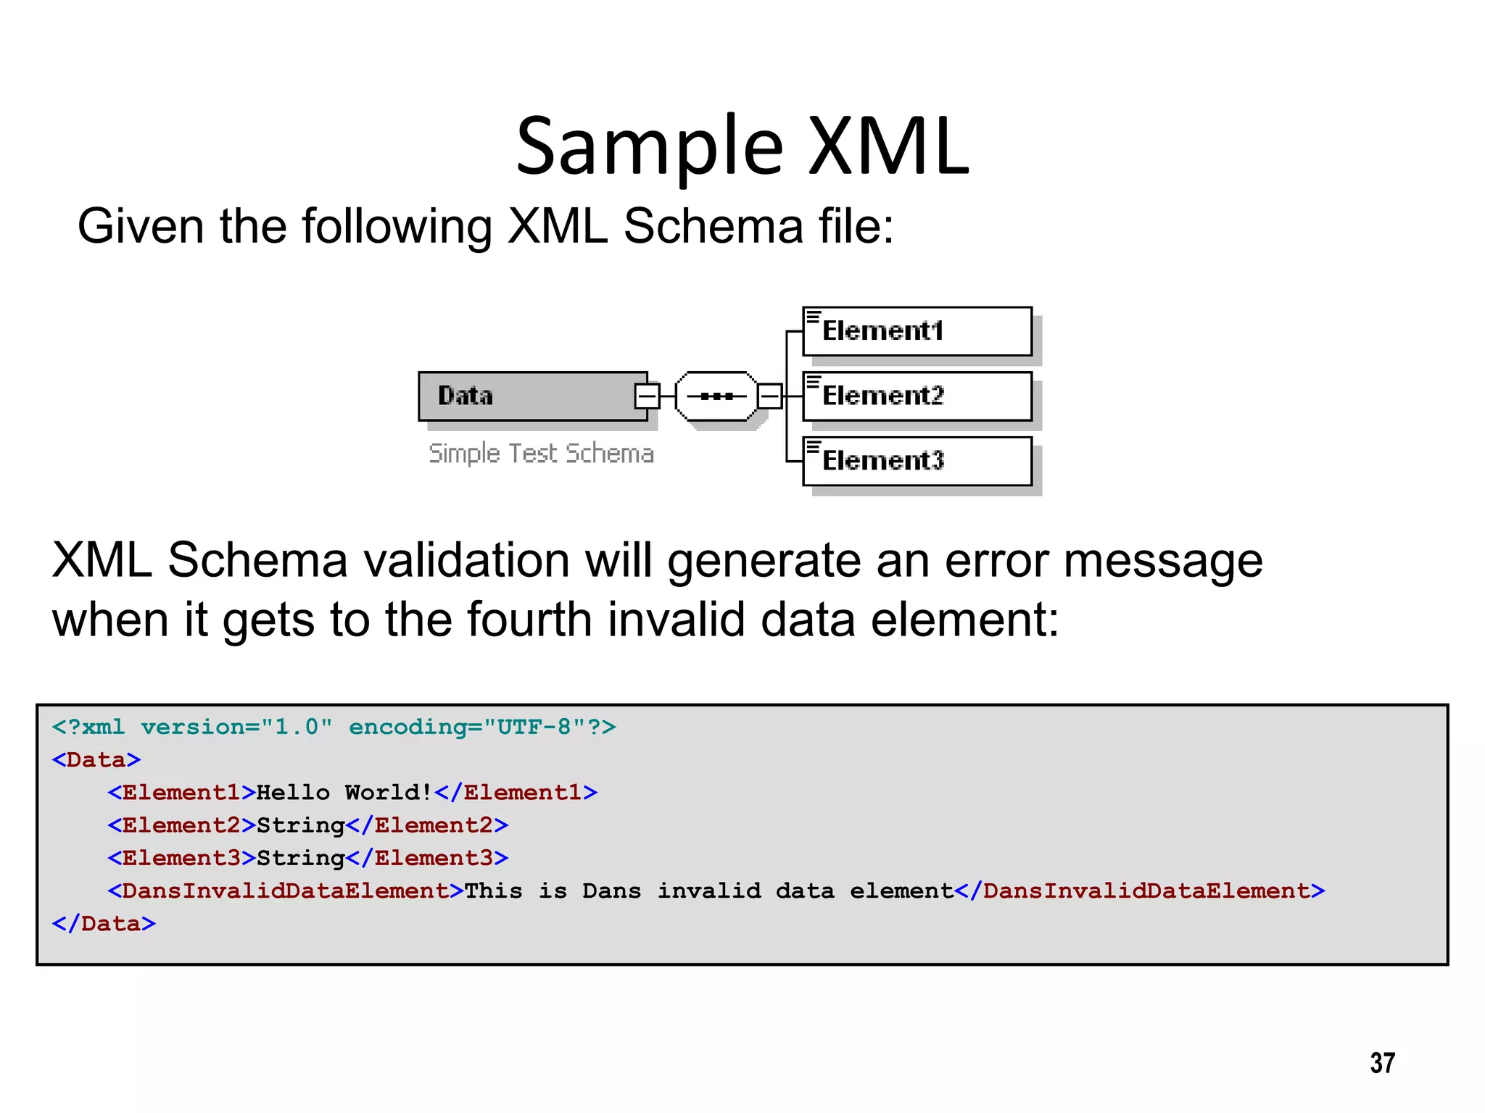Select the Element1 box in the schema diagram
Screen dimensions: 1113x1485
pos(917,331)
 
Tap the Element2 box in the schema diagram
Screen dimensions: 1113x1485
pos(917,396)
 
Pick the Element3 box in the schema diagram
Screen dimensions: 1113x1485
pos(917,461)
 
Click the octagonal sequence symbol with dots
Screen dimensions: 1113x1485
pos(716,396)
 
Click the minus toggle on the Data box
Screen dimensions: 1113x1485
pos(647,396)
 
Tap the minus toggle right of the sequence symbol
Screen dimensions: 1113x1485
pos(769,396)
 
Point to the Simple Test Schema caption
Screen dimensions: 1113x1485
pos(541,454)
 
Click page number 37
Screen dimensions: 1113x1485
pos(1382,1063)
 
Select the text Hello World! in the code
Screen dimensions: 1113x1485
pos(344,792)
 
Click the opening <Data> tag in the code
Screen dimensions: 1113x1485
pos(96,759)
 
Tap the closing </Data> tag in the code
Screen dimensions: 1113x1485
pos(104,923)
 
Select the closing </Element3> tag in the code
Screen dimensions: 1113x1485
pos(427,858)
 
